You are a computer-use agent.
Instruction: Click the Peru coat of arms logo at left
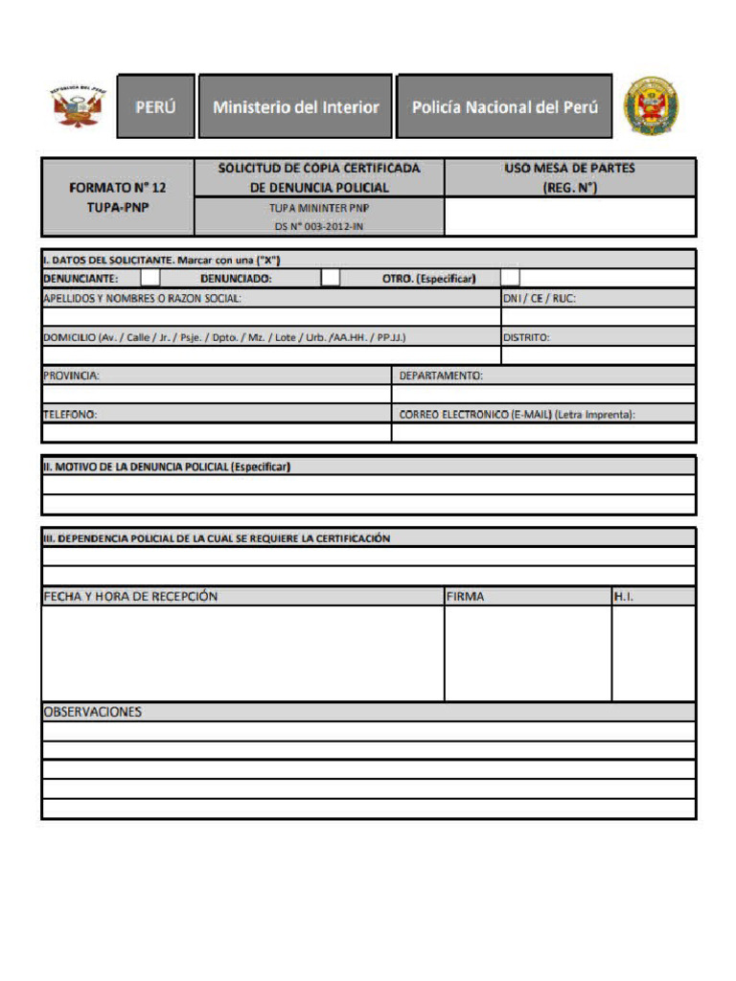[x=79, y=106]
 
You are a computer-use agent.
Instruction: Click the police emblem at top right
[x=652, y=106]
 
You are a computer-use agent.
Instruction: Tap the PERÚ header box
[x=155, y=107]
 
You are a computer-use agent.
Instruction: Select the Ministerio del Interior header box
[x=296, y=107]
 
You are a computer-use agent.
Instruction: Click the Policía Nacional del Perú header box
[x=504, y=107]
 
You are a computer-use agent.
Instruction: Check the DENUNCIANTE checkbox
[x=150, y=278]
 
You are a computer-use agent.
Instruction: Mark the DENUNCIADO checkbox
[x=330, y=278]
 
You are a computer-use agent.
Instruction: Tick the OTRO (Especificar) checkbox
[x=510, y=278]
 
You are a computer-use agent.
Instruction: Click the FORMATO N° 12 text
[x=117, y=188]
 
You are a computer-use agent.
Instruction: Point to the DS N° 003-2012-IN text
[x=319, y=226]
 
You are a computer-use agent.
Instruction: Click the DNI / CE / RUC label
[x=540, y=298]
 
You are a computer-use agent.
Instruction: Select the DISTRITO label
[x=526, y=337]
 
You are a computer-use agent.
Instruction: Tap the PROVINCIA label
[x=72, y=376]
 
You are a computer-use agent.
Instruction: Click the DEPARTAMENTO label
[x=441, y=376]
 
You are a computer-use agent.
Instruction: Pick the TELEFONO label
[x=70, y=415]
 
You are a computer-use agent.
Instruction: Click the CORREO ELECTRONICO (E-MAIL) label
[x=517, y=415]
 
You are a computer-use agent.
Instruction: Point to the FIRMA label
[x=465, y=597]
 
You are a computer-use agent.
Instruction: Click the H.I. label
[x=624, y=597]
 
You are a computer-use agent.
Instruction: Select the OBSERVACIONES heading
[x=92, y=712]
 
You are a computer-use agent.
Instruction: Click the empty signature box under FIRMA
[x=527, y=653]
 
